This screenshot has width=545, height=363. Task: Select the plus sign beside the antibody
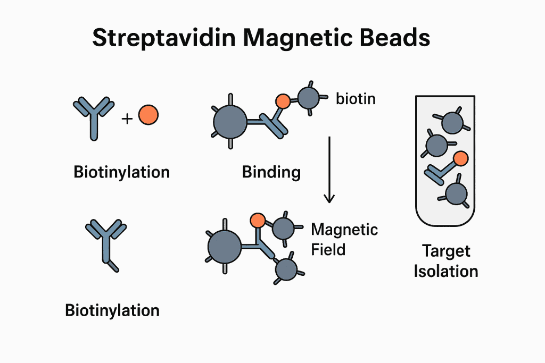click(127, 119)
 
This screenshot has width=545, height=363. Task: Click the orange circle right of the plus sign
click(148, 114)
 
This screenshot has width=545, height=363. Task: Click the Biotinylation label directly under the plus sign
click(121, 172)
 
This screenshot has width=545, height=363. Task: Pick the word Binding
click(271, 172)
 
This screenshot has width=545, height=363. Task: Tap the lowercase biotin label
click(356, 98)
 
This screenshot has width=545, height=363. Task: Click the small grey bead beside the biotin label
click(308, 98)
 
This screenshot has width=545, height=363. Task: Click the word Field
click(328, 249)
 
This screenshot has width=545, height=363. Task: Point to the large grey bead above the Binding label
click(230, 122)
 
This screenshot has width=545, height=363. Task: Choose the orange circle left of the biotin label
click(283, 100)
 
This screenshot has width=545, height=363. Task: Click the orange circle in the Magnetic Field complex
click(258, 220)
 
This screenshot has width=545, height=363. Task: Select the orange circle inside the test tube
click(461, 158)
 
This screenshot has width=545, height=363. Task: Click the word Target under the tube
click(446, 251)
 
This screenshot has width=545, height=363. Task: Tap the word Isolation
click(446, 271)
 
